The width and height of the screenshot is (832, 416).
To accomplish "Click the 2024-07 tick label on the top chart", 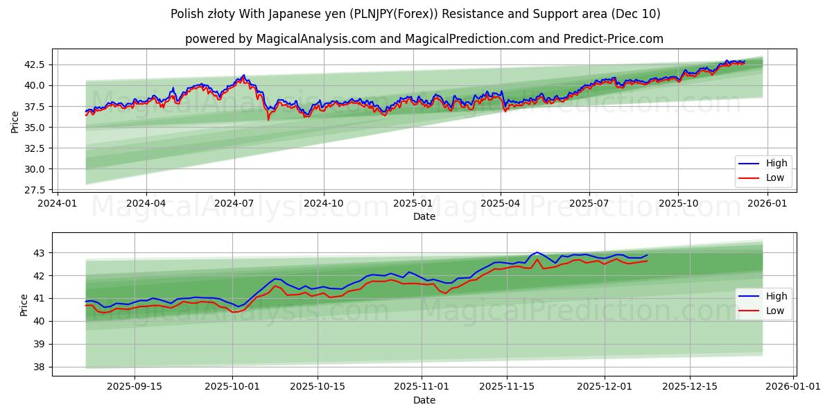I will coord(234,203).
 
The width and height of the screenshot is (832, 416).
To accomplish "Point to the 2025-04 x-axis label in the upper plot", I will coord(501,203).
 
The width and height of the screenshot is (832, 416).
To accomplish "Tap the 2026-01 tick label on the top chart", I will coord(768,203).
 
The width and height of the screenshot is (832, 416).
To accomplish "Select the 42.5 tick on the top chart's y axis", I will coord(35,64).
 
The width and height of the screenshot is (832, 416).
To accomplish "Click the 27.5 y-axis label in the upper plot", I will coord(35,190).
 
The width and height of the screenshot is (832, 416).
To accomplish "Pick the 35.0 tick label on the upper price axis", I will coord(35,128).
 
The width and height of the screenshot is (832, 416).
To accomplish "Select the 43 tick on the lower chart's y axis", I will coord(40,253).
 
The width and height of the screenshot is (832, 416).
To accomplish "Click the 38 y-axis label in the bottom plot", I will coord(40,367).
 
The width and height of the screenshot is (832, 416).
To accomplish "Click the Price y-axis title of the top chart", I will coord(15,121).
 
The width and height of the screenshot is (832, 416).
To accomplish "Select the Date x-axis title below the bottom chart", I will coord(424,400).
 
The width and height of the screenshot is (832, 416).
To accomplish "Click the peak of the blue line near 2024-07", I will coord(243,75).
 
